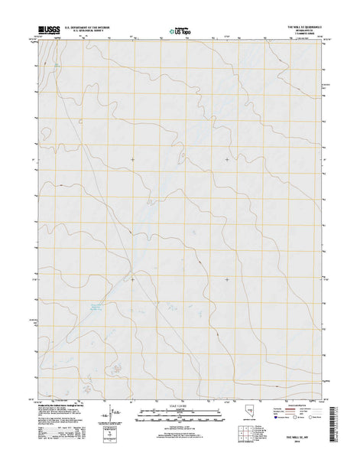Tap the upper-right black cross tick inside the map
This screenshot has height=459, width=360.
click(x=226, y=159)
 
